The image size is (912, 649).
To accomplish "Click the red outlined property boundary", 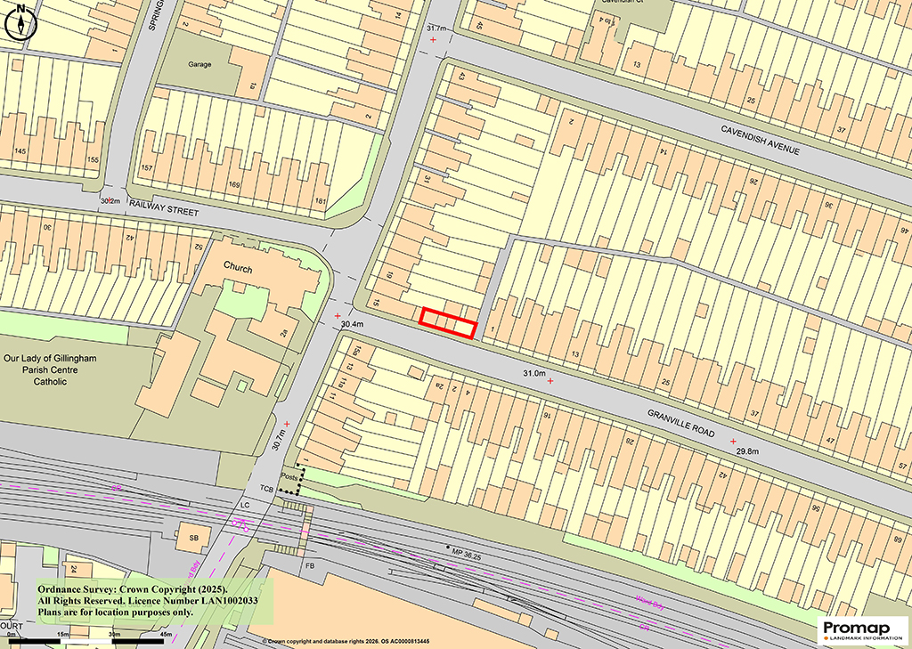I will pyautogui.click(x=449, y=322).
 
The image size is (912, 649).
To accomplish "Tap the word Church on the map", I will pyautogui.click(x=238, y=269).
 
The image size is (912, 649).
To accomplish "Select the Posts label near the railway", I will pyautogui.click(x=289, y=476).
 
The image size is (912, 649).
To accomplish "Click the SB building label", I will pyautogui.click(x=193, y=538).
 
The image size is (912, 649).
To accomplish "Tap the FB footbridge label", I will pyautogui.click(x=310, y=565).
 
